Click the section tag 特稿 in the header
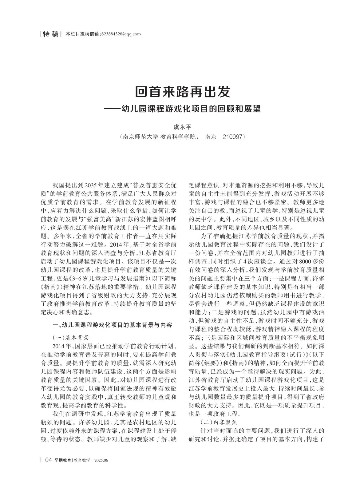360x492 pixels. click(51, 34)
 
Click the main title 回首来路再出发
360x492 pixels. click(183, 91)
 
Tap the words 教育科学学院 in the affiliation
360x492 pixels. click(179, 137)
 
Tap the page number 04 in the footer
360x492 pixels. click(49, 460)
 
